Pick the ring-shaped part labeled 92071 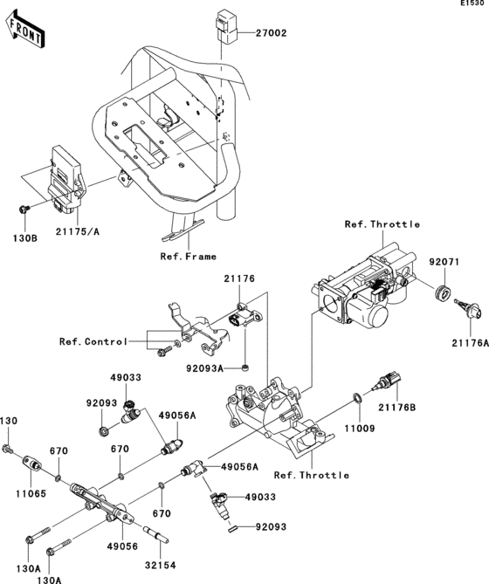pos(442,291)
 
